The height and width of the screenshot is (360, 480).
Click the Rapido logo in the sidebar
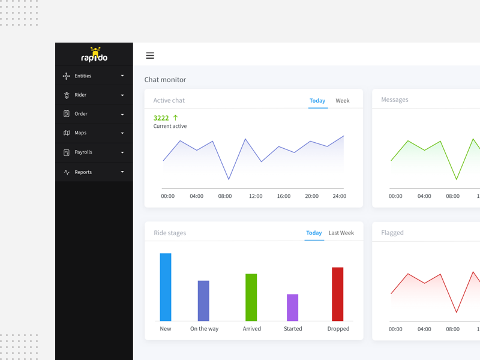click(94, 55)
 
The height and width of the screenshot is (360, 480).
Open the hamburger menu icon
click(150, 56)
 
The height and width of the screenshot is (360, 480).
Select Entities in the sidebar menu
click(83, 76)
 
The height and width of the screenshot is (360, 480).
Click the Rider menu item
click(80, 95)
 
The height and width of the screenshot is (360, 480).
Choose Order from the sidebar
click(81, 114)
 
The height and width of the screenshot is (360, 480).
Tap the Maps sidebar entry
click(80, 133)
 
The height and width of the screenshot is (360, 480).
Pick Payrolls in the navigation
click(83, 152)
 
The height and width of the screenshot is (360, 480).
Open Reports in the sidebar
click(83, 172)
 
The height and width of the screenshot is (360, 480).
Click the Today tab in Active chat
click(317, 101)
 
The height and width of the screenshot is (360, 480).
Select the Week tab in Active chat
click(343, 101)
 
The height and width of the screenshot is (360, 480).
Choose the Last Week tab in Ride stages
click(341, 233)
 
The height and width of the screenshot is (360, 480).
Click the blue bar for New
click(166, 287)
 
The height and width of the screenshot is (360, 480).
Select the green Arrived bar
click(251, 297)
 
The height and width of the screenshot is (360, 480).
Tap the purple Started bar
click(292, 307)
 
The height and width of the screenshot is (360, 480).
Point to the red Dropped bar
click(338, 294)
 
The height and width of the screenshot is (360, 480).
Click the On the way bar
click(203, 301)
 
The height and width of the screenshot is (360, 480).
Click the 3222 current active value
click(161, 118)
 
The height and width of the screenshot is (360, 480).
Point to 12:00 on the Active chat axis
click(256, 196)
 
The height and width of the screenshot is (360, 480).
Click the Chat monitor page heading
click(165, 80)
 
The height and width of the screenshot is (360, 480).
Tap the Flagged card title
click(392, 233)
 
